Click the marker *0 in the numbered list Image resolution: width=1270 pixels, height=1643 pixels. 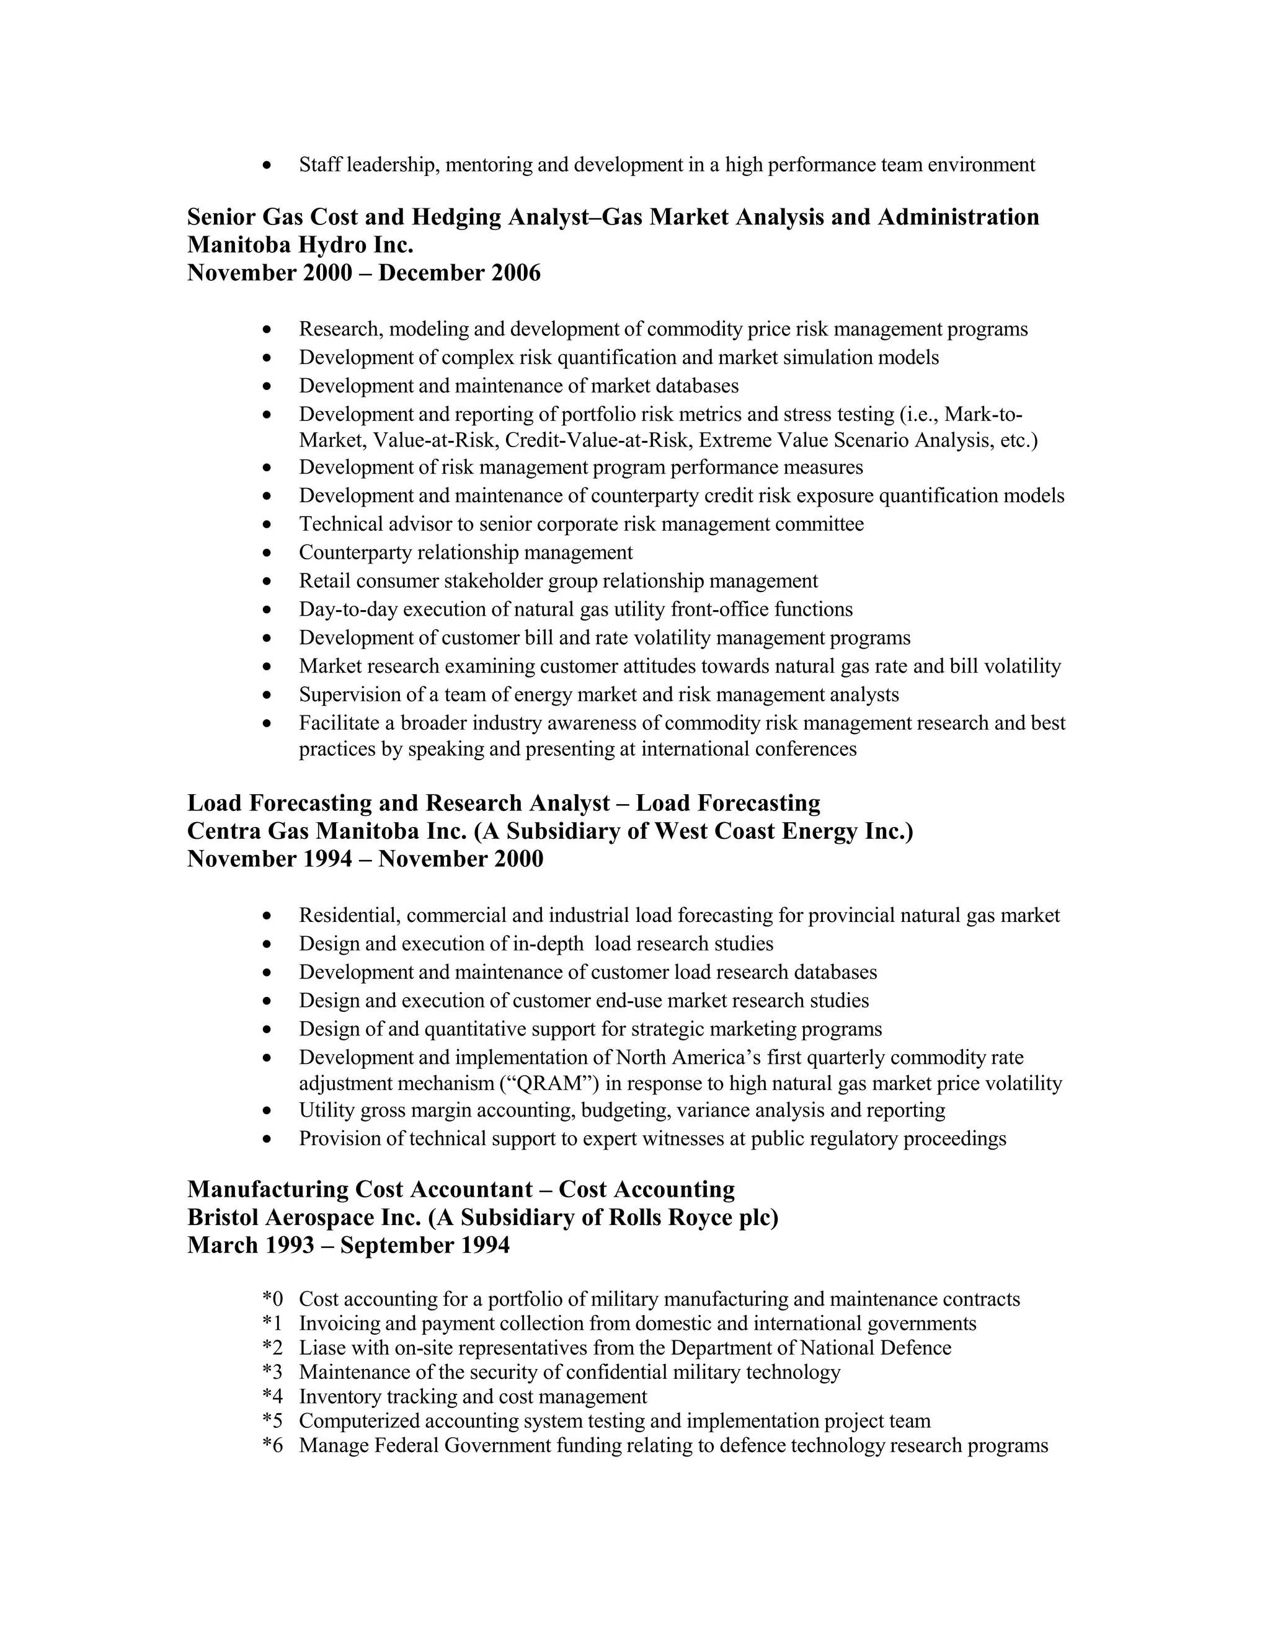click(x=272, y=1299)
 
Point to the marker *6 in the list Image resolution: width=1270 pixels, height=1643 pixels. click(x=272, y=1445)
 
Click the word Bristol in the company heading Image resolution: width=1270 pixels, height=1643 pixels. click(x=223, y=1217)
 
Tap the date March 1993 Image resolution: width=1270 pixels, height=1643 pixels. click(x=250, y=1245)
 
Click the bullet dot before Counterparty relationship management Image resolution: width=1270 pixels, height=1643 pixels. click(x=267, y=553)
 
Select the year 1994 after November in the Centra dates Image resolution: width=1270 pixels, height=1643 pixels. click(x=327, y=859)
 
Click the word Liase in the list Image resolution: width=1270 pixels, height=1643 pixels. click(x=322, y=1347)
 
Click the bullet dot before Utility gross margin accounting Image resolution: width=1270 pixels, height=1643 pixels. click(x=267, y=1110)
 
